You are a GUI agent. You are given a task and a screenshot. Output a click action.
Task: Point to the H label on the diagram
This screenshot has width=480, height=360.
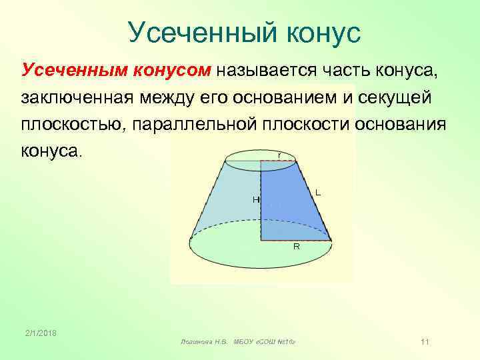(x=255, y=199)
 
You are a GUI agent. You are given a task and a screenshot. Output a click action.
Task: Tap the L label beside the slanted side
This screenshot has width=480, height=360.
(x=318, y=192)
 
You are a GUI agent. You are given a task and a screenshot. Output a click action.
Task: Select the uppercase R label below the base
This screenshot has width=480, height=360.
(x=297, y=247)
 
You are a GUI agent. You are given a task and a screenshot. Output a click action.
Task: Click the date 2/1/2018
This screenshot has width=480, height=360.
(x=41, y=333)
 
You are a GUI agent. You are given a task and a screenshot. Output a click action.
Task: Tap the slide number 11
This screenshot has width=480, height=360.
(x=425, y=342)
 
